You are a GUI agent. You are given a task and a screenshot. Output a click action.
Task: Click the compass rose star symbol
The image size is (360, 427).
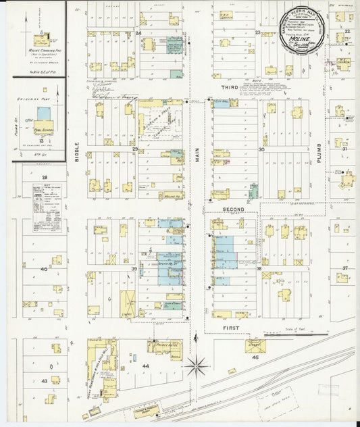pos(197,367)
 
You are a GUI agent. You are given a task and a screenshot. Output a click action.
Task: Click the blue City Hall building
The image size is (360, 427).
pos(222,103)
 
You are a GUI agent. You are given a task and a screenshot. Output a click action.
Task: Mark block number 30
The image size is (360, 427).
pos(261,149)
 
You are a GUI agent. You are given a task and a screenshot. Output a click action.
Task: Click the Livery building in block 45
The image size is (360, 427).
pos(255,345)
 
